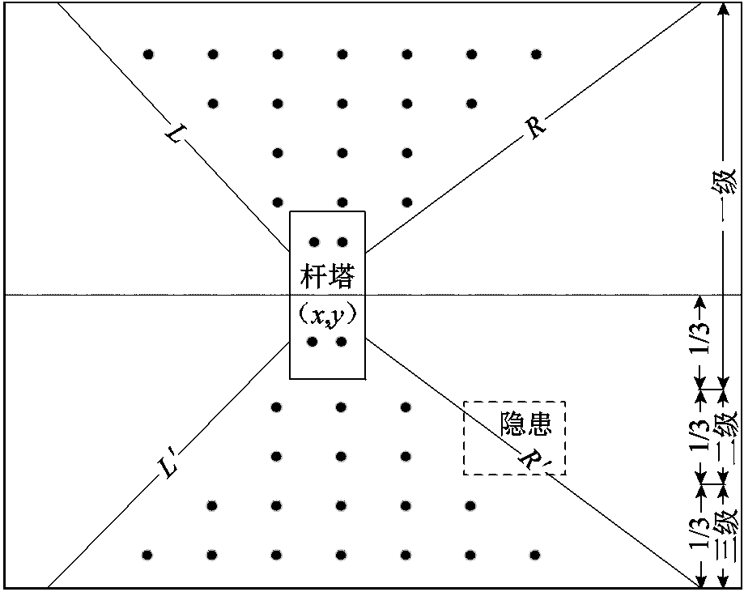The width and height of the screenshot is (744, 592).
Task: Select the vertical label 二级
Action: pos(726,437)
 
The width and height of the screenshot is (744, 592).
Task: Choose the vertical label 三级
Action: pos(726,535)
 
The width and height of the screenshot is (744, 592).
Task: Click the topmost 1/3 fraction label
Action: pos(703,340)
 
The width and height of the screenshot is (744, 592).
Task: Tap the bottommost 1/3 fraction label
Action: pos(703,535)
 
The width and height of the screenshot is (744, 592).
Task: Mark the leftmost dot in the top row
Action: pos(148,55)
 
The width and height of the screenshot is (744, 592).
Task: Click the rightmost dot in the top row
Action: pos(536,55)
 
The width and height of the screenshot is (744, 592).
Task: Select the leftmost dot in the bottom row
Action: pos(147,555)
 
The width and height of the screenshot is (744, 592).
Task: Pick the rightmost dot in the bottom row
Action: pos(534,555)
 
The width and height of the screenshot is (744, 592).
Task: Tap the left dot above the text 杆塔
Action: pos(314,242)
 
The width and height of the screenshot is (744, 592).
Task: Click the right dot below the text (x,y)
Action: pos(341,342)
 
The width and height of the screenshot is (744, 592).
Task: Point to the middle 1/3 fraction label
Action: pos(703,437)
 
